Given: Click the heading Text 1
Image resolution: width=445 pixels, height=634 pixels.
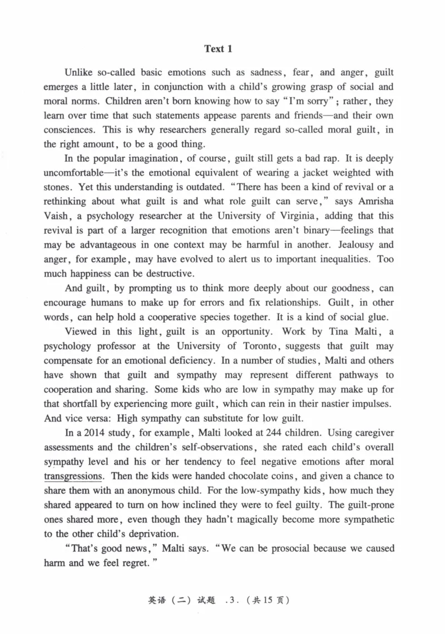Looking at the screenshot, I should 218,49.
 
